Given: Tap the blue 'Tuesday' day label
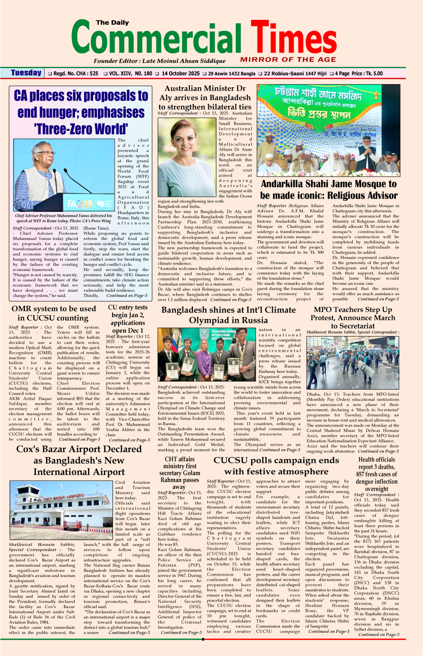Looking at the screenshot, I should pyautogui.click(x=26, y=73).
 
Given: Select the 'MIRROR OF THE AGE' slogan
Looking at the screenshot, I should pyautogui.click(x=288, y=60).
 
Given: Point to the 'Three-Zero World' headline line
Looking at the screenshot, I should pyautogui.click(x=81, y=129).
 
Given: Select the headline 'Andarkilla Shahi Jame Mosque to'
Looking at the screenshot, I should pyautogui.click(x=329, y=184).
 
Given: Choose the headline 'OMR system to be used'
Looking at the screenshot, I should pyautogui.click(x=54, y=309).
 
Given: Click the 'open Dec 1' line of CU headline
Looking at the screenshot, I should pyautogui.click(x=128, y=330).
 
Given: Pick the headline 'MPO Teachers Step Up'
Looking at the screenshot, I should pyautogui.click(x=353, y=309).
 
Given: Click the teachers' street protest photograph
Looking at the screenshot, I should pyautogui.click(x=352, y=363).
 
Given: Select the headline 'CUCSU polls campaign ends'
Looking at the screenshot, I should pyautogui.click(x=276, y=460).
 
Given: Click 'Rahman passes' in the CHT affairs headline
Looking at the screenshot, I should pyautogui.click(x=179, y=480).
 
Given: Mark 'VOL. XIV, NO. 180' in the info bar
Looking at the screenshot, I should pyautogui.click(x=131, y=74).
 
